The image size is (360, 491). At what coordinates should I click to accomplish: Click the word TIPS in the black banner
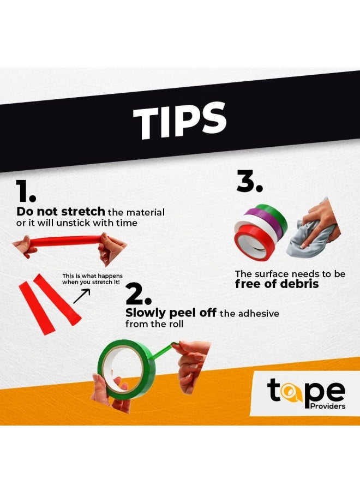point(179,121)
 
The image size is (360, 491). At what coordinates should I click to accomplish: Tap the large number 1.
point(26,191)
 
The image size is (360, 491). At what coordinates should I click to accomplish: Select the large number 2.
point(139,294)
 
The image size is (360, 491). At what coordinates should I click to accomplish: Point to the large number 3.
point(249,181)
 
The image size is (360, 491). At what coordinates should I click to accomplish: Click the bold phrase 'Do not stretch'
point(61,211)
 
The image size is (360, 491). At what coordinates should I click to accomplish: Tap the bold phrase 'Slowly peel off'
point(171,313)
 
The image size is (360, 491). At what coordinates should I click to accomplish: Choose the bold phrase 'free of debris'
point(277,284)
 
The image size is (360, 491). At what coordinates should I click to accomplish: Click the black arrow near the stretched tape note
point(81,296)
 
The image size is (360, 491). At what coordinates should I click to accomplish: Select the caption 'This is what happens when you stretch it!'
point(92,279)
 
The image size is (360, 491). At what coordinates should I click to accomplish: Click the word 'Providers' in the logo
point(327,406)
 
